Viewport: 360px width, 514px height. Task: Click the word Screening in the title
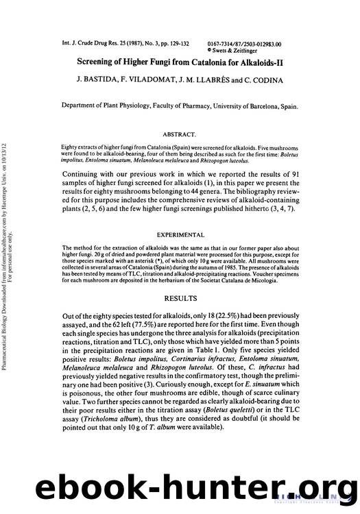point(99,61)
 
